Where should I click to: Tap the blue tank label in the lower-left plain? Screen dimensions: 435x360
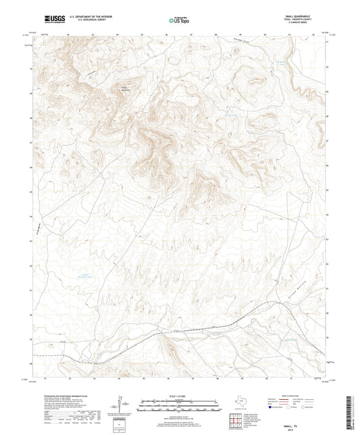point(82,276)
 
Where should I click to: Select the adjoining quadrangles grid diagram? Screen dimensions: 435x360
point(237,420)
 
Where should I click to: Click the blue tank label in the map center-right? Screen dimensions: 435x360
point(231,115)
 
